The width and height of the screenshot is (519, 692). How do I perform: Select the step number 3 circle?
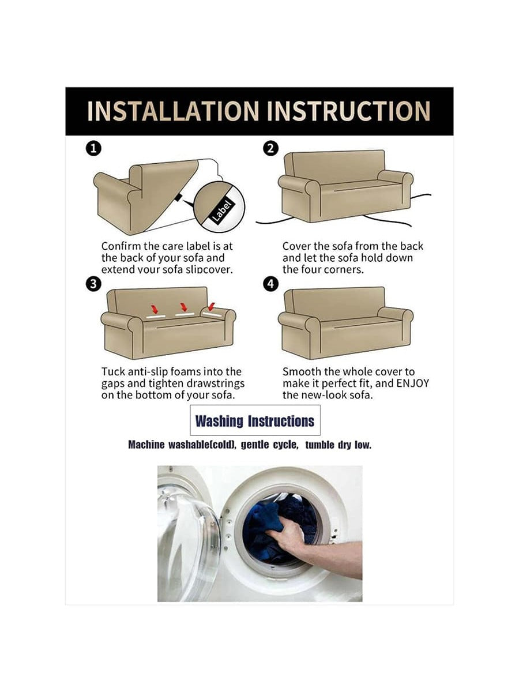pyautogui.click(x=93, y=284)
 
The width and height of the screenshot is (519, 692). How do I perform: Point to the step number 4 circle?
pyautogui.click(x=271, y=284)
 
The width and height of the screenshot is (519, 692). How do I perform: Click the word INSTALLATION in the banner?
pyautogui.click(x=173, y=111)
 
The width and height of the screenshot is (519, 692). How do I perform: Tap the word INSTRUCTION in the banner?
pyautogui.click(x=348, y=111)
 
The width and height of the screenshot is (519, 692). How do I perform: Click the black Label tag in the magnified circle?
pyautogui.click(x=222, y=212)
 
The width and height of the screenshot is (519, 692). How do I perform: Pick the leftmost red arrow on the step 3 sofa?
pyautogui.click(x=155, y=309)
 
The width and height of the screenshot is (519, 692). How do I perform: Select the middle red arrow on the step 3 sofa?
pyautogui.click(x=184, y=307)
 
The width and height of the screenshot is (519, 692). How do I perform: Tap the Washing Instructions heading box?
pyautogui.click(x=255, y=420)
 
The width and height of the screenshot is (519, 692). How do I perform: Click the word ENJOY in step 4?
pyautogui.click(x=413, y=383)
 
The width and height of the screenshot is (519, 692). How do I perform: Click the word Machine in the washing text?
pyautogui.click(x=146, y=445)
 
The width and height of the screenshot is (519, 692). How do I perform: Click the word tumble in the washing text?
pyautogui.click(x=319, y=445)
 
